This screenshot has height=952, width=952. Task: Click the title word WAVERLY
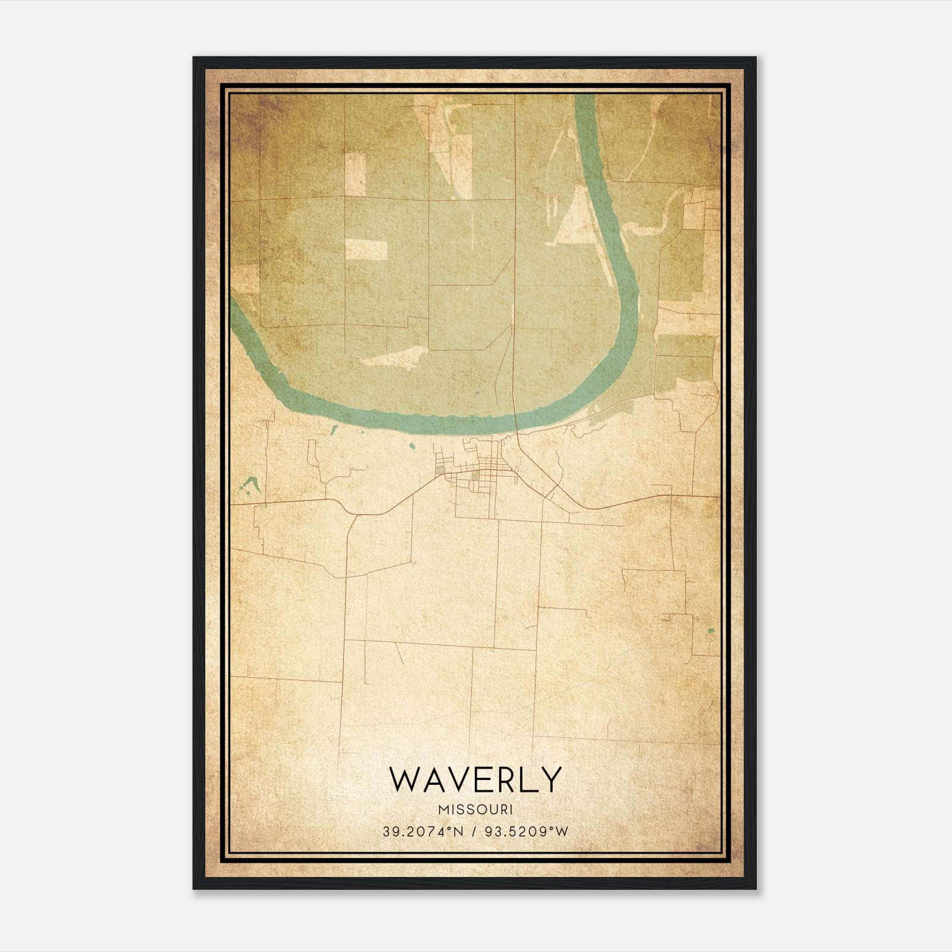point(475,779)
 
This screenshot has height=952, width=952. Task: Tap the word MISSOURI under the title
point(475,810)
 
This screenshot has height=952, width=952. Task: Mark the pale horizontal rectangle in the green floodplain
point(366,250)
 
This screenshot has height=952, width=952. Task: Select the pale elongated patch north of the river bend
point(394,357)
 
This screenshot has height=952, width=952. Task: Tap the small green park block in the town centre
point(477,475)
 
